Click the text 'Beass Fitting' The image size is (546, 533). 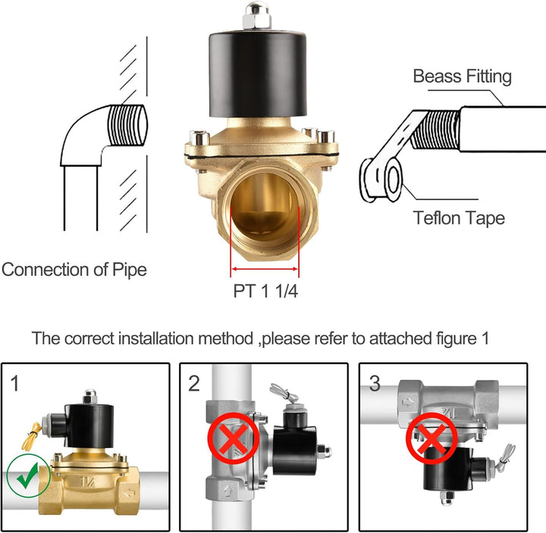[462, 77]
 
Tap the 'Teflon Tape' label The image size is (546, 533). [459, 218]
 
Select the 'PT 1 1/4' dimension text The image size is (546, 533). [265, 291]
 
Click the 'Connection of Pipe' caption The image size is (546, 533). [74, 270]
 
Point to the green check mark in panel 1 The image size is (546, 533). [28, 475]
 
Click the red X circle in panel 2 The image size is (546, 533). [234, 438]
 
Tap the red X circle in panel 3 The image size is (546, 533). [431, 438]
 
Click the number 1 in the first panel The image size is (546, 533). [14, 384]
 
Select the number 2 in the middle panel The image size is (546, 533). [194, 384]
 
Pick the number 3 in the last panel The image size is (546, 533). [375, 384]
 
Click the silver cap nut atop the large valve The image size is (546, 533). [257, 16]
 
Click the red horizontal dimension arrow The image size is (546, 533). [265, 268]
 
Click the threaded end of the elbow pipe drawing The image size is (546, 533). [127, 125]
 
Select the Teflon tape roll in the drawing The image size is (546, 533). [381, 180]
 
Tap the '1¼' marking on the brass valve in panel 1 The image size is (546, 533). [87, 482]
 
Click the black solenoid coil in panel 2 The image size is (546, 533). [294, 450]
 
